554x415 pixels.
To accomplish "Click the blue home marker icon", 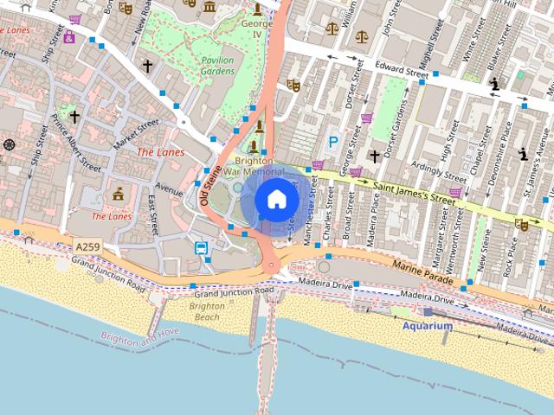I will click(275, 200).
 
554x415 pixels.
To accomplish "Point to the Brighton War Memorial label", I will click(249, 166).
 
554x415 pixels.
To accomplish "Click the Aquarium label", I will click(427, 326).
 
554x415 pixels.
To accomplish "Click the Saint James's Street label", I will click(414, 193).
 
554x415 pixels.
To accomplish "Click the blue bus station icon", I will click(201, 248).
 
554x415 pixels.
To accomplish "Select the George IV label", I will click(256, 29).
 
